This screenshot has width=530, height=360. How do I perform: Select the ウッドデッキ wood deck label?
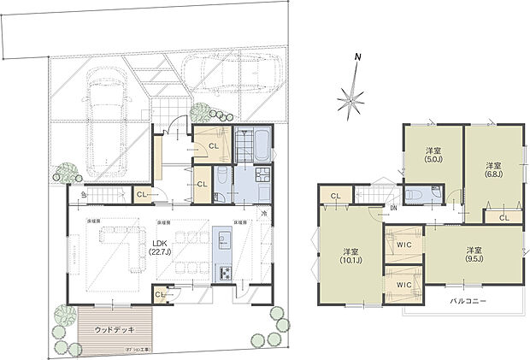pyautogui.click(x=113, y=329)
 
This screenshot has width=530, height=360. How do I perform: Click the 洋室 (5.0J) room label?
pyautogui.click(x=433, y=156)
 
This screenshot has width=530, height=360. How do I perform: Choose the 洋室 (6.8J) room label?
pyautogui.click(x=493, y=169)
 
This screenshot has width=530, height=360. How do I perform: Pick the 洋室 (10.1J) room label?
pyautogui.click(x=350, y=257)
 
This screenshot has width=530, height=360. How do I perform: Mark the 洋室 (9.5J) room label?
pyautogui.click(x=474, y=254)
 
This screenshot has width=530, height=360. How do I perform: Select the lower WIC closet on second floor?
pyautogui.click(x=403, y=284)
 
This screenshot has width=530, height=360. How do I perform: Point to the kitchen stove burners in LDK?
pyautogui.click(x=227, y=274)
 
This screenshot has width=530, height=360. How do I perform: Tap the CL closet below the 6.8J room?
pyautogui.click(x=503, y=218)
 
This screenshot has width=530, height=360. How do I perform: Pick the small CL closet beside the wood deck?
pyautogui.click(x=160, y=296)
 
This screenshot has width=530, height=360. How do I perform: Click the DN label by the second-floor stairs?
pyautogui.click(x=392, y=209)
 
